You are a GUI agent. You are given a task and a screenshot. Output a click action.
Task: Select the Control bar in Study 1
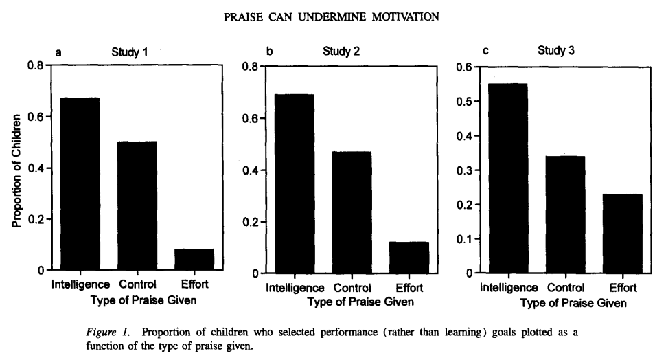137,205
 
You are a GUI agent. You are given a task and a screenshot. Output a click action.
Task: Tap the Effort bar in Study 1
194,259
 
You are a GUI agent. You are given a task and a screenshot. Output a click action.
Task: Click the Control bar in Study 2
352,212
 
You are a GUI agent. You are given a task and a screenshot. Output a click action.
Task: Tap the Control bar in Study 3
565,214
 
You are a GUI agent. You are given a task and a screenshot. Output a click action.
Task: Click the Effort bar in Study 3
623,233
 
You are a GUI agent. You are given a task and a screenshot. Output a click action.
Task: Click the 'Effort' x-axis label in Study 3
623,287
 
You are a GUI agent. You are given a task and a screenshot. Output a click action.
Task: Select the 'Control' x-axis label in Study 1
137,284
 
